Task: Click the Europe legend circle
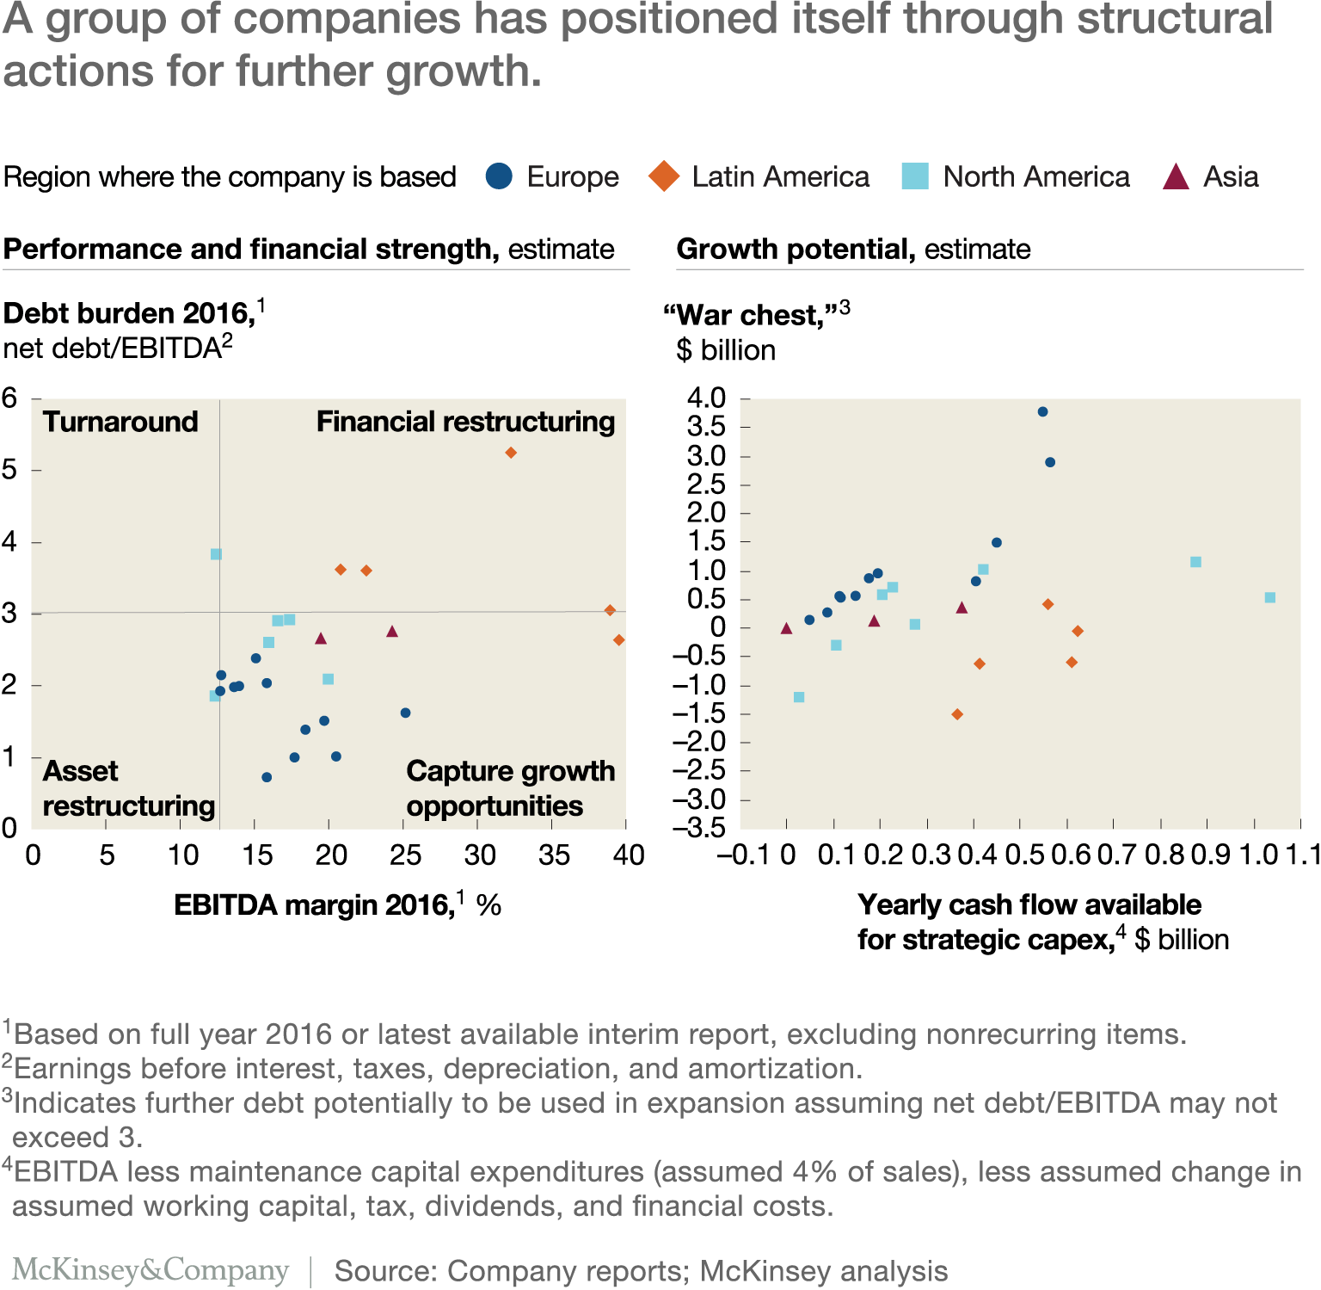pyautogui.click(x=499, y=176)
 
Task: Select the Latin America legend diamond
pyautogui.click(x=664, y=176)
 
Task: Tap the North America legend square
pyautogui.click(x=915, y=176)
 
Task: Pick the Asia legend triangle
pyautogui.click(x=1176, y=177)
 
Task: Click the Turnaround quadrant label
pyautogui.click(x=120, y=422)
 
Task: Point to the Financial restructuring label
pyautogui.click(x=465, y=422)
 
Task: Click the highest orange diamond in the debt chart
pyautogui.click(x=511, y=453)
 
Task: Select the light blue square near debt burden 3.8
pyautogui.click(x=216, y=554)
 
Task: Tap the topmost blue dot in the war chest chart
pyautogui.click(x=1042, y=411)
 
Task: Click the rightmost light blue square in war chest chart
pyautogui.click(x=1270, y=597)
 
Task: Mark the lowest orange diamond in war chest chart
pyautogui.click(x=957, y=714)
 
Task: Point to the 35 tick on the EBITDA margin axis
pyautogui.click(x=554, y=855)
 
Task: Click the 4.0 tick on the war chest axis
pyautogui.click(x=707, y=398)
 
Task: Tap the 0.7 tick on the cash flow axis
pyautogui.click(x=1116, y=855)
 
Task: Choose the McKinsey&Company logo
pyautogui.click(x=151, y=1270)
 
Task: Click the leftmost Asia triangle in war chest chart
pyautogui.click(x=786, y=628)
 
